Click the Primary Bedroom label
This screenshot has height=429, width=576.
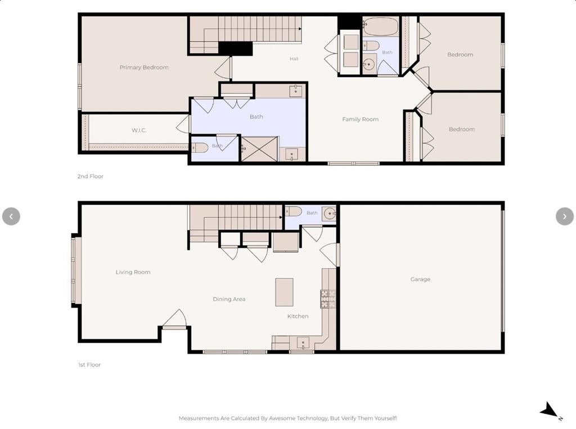tap(144, 67)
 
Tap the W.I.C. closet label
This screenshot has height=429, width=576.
tap(139, 130)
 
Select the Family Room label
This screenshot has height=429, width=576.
tap(361, 119)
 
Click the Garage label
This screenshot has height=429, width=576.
tap(420, 279)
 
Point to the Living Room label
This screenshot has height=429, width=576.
tap(133, 272)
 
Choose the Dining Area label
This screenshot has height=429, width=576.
tap(229, 299)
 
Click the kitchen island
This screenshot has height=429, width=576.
tap(284, 292)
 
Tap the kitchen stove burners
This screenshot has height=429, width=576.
tap(328, 299)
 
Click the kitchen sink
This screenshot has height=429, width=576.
tap(303, 343)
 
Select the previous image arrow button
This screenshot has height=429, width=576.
tap(11, 216)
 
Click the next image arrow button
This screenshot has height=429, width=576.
tap(565, 216)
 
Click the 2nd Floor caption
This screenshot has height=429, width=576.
tap(91, 177)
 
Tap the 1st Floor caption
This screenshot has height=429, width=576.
tap(89, 365)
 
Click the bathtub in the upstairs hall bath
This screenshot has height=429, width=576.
tap(381, 26)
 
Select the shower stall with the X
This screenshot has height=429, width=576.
tap(259, 149)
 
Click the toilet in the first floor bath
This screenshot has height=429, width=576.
tap(293, 211)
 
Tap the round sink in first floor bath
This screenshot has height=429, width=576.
tap(330, 214)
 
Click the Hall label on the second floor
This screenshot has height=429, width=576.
tap(294, 59)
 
